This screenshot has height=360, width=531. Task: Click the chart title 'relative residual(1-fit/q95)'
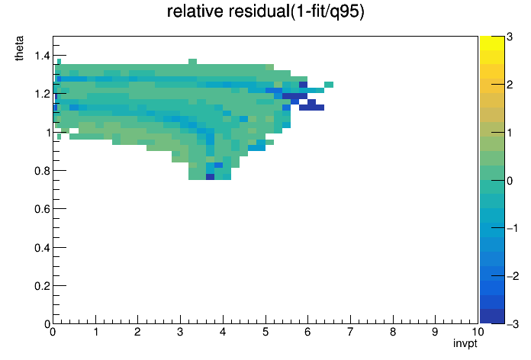[265, 11]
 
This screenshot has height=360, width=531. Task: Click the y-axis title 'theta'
[19, 48]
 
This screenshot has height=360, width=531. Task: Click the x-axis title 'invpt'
[465, 343]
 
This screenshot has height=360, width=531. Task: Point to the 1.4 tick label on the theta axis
[42, 56]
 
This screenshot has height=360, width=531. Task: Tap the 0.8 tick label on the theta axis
[42, 171]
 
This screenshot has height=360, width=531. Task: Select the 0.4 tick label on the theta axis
[42, 248]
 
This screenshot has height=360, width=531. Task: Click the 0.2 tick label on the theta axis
[42, 286]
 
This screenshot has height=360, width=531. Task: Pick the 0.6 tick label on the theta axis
[42, 209]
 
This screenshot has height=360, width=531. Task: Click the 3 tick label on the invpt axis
[180, 332]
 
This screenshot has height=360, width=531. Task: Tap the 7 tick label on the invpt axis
[350, 332]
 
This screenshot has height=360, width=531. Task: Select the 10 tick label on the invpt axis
[478, 332]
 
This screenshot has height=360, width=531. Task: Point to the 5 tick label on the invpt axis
[265, 332]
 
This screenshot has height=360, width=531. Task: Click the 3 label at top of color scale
[510, 37]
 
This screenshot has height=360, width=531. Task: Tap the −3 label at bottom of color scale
[513, 324]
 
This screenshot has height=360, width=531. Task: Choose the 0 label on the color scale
[510, 181]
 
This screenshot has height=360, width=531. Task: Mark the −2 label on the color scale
[513, 276]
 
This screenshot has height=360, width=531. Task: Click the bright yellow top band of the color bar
[492, 43]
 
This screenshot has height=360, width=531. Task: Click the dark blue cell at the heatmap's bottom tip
[210, 177]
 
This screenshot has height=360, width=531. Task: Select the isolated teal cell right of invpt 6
[329, 85]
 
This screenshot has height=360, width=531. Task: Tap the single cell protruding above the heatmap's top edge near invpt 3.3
[193, 61]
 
